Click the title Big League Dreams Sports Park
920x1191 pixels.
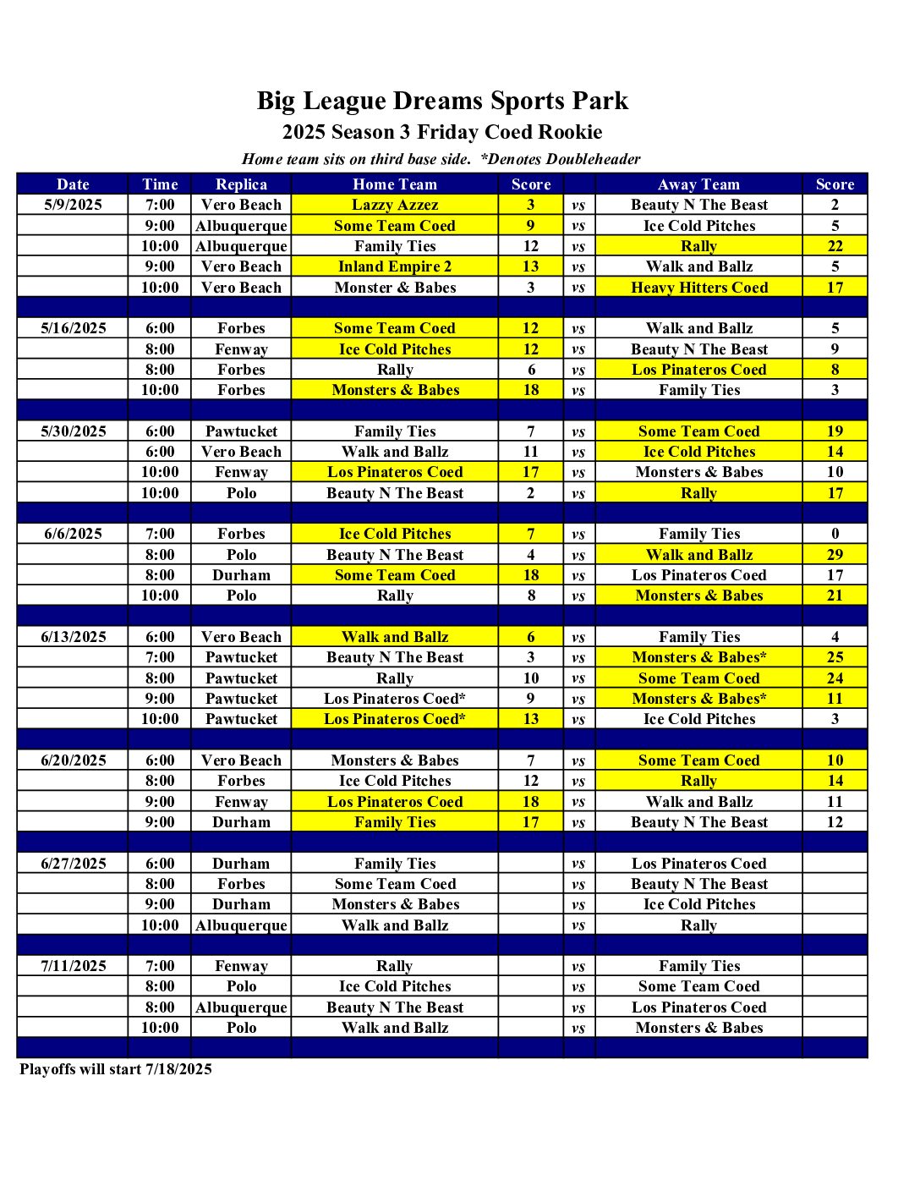pyautogui.click(x=442, y=101)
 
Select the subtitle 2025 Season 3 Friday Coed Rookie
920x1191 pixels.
pyautogui.click(x=442, y=132)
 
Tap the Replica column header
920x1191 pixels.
pyautogui.click(x=241, y=184)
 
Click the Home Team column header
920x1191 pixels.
pyautogui.click(x=395, y=184)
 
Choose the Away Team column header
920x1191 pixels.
pyautogui.click(x=698, y=184)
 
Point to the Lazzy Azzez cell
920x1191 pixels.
pyautogui.click(x=395, y=205)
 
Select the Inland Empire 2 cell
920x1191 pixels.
pyautogui.click(x=395, y=266)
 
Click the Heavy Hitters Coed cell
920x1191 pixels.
pyautogui.click(x=699, y=288)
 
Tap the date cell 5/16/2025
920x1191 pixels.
pyautogui.click(x=74, y=328)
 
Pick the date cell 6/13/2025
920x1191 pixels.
pyautogui.click(x=74, y=637)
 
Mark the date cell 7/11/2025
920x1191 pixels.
pyautogui.click(x=74, y=966)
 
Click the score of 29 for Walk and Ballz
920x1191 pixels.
pyautogui.click(x=835, y=555)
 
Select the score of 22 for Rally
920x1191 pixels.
pyautogui.click(x=835, y=246)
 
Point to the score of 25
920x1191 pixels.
pyautogui.click(x=835, y=657)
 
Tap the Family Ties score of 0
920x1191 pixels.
pyautogui.click(x=835, y=534)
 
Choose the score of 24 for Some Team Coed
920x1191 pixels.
pyautogui.click(x=835, y=678)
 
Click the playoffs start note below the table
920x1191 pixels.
pyautogui.click(x=116, y=1069)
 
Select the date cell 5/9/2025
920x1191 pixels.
pyautogui.click(x=74, y=205)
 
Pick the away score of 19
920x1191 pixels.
pyautogui.click(x=835, y=431)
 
